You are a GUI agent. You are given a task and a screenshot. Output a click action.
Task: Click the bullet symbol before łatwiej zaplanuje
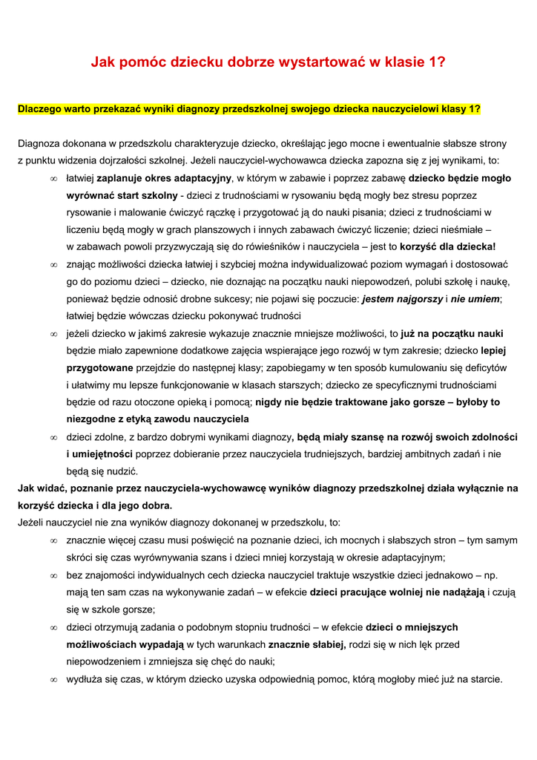(x=53, y=179)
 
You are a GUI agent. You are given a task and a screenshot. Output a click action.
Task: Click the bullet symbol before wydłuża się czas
(x=53, y=679)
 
